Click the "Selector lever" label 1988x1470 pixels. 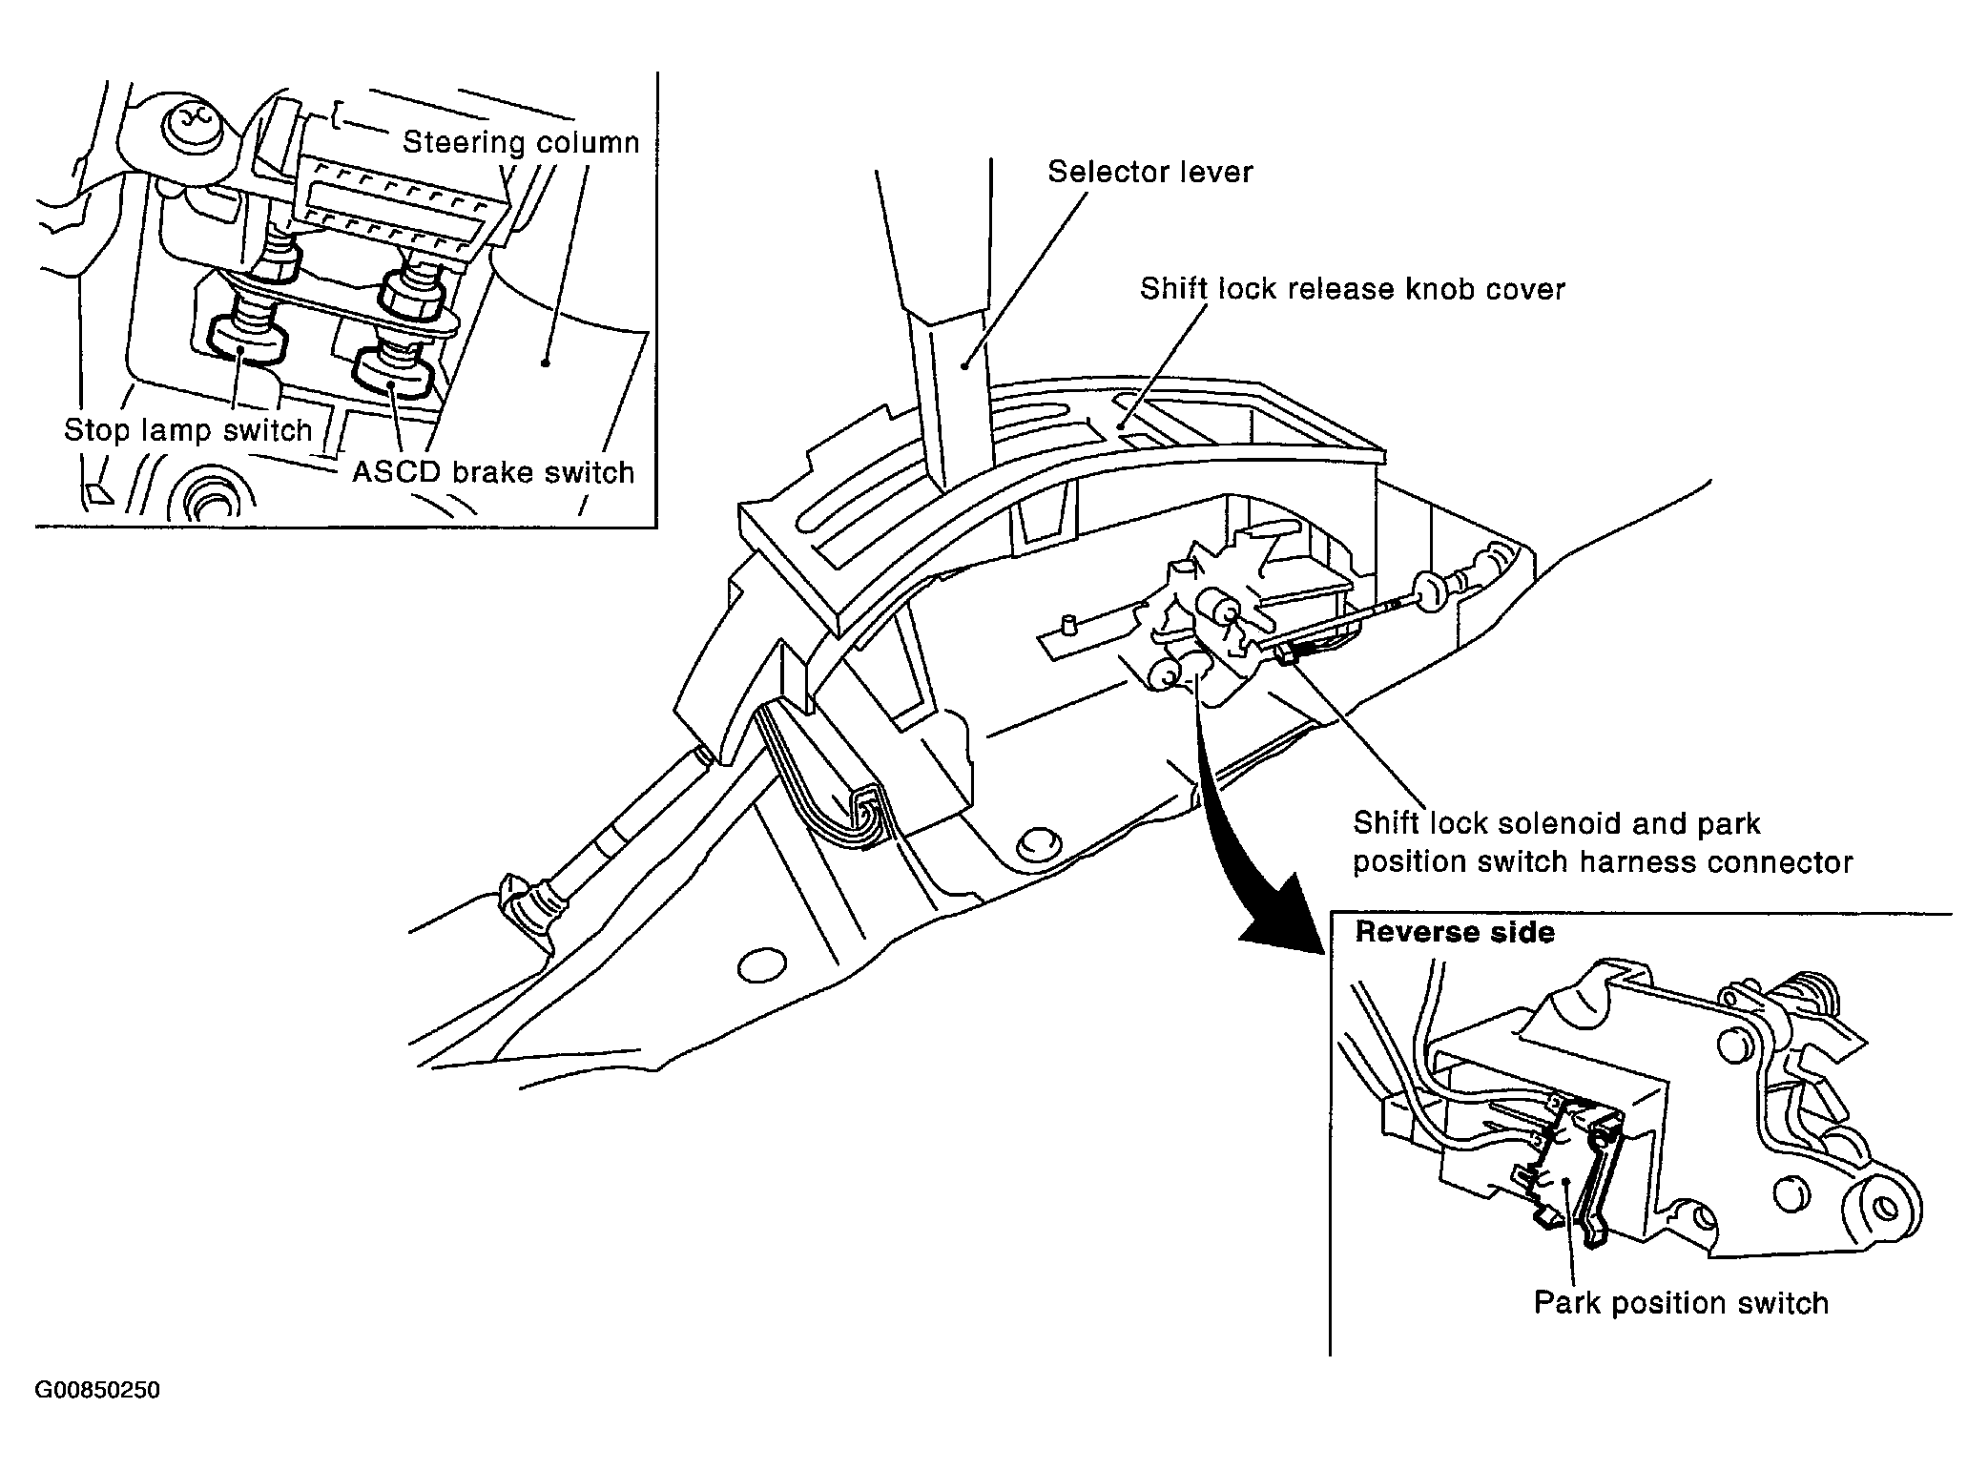click(1149, 172)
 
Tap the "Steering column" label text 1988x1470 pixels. click(521, 142)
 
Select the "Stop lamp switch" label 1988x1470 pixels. click(188, 430)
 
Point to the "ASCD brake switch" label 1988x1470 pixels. click(493, 472)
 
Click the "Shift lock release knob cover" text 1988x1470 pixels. click(1353, 289)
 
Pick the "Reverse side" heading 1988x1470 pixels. click(1455, 932)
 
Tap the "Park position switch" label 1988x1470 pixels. click(1681, 1303)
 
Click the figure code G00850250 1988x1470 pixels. click(97, 1390)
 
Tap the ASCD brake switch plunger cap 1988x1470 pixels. click(393, 372)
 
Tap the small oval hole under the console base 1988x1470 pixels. click(761, 965)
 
